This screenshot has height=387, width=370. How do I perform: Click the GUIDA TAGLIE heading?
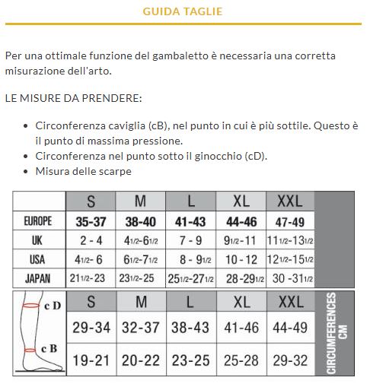tap(183, 12)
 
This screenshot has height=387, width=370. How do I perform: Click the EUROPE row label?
tap(38, 221)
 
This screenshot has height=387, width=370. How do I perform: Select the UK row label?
tap(38, 240)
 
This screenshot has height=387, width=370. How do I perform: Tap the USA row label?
tap(38, 259)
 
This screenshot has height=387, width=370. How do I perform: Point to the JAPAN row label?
tap(38, 278)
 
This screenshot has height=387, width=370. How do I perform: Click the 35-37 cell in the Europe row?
tap(91, 221)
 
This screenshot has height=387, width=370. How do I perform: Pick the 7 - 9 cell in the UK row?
tap(190, 240)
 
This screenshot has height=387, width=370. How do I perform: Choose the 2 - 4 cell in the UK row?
tap(91, 240)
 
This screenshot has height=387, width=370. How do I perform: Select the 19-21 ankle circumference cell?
tap(91, 358)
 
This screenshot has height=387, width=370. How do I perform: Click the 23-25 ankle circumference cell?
tap(190, 358)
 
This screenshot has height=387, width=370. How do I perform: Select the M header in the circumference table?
tap(140, 302)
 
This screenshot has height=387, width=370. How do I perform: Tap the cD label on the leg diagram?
tap(52, 306)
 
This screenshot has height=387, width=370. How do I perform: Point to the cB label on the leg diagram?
tap(49, 348)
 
